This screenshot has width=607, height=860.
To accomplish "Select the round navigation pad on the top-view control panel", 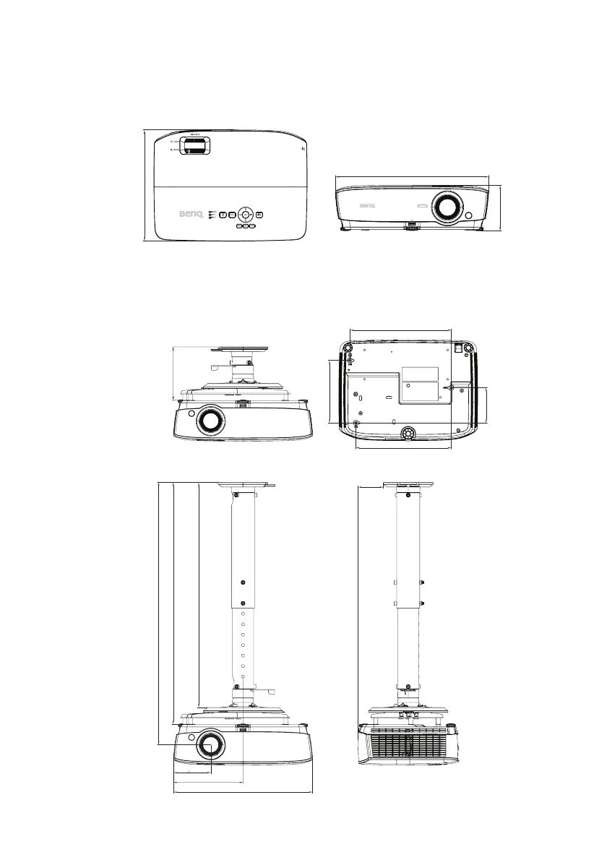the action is pos(246,214).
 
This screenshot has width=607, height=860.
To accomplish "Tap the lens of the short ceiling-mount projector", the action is pos(210,421).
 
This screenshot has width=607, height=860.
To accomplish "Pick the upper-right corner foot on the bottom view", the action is pos(470,348).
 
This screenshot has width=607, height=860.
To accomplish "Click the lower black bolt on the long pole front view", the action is pos(244,603).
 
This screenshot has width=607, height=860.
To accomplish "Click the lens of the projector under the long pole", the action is pos(210,744).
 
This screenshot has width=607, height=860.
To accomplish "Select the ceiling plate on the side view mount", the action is pos(408,483).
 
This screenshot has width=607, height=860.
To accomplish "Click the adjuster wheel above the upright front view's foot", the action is pos(411,225).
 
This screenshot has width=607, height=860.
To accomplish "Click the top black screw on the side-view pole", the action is pos(409,495).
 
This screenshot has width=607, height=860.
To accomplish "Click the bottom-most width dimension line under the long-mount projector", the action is pos(244,791).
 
